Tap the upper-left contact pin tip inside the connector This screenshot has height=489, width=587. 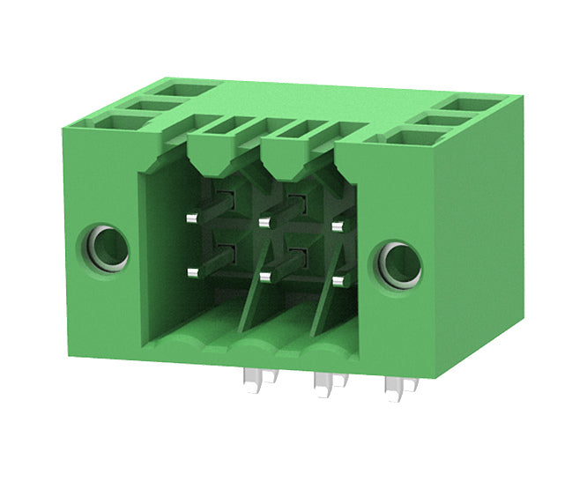click(x=191, y=216)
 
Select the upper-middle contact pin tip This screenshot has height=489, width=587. click(x=264, y=222)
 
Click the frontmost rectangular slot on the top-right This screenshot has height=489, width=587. click(x=406, y=137)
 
